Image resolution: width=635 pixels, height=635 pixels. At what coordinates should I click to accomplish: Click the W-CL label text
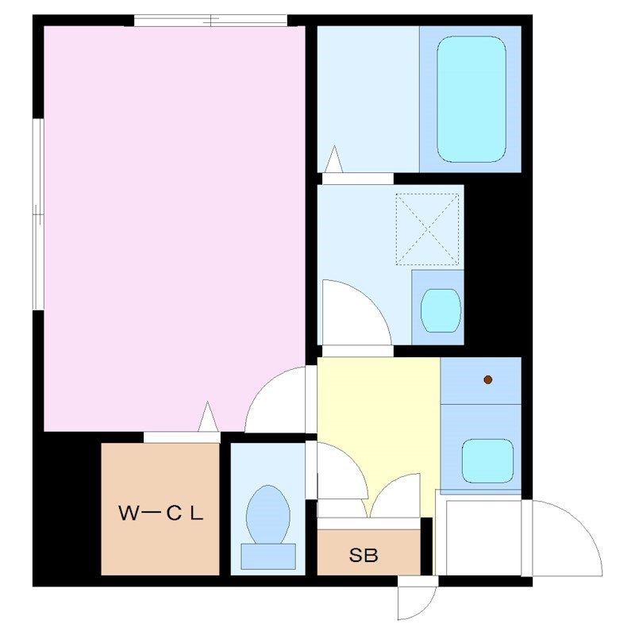point(160,514)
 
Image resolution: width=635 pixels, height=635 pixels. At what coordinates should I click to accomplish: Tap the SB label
point(364,555)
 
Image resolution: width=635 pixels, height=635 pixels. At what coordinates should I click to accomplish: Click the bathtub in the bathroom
point(471,99)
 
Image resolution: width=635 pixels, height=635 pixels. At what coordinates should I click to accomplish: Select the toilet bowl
point(268,514)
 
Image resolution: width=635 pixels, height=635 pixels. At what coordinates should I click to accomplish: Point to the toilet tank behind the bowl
point(268,556)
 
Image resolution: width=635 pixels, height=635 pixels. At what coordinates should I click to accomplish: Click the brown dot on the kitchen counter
point(488,379)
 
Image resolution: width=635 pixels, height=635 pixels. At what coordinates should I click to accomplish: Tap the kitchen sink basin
point(487,461)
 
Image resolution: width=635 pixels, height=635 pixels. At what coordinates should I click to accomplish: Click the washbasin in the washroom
point(441,310)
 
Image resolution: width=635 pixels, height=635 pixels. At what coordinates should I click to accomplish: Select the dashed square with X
point(427,229)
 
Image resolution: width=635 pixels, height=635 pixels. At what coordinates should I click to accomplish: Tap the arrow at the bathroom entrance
point(334,160)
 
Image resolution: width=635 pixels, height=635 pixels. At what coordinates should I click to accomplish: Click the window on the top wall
point(210,21)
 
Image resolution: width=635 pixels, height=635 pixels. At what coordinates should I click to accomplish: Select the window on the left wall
point(38,214)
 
